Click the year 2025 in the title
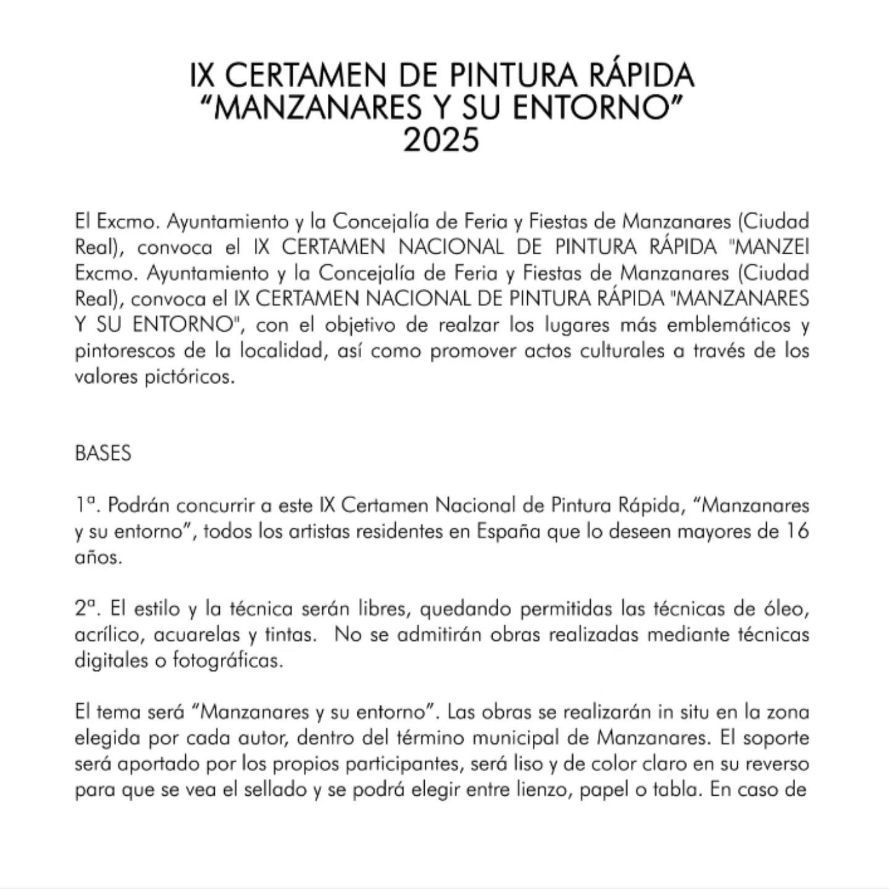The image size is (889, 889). click(441, 140)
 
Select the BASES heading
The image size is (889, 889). click(102, 453)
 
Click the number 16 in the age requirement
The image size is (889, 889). click(796, 531)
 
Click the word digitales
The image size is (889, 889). click(111, 661)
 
